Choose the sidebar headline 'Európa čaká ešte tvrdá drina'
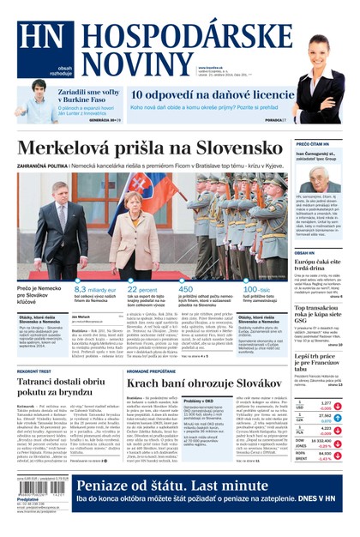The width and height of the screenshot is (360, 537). tap(320, 263)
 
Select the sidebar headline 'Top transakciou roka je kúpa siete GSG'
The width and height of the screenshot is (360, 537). tap(320, 311)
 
